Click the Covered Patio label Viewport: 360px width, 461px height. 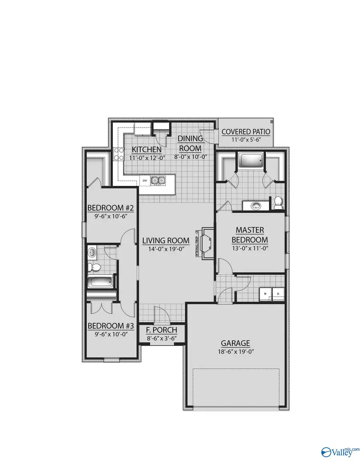(x=246, y=132)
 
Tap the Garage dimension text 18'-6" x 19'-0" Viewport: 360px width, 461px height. (x=236, y=352)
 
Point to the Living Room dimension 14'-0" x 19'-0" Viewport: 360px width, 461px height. (x=166, y=249)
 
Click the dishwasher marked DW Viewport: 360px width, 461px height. (x=144, y=181)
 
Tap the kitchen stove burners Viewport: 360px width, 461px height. (x=118, y=154)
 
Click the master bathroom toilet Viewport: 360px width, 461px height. (x=278, y=202)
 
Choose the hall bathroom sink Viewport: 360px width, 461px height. (x=92, y=252)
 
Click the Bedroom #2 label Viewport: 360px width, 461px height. (x=107, y=208)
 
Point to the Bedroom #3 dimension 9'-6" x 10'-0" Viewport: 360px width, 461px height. (x=107, y=334)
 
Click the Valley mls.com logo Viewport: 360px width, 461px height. (x=341, y=451)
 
